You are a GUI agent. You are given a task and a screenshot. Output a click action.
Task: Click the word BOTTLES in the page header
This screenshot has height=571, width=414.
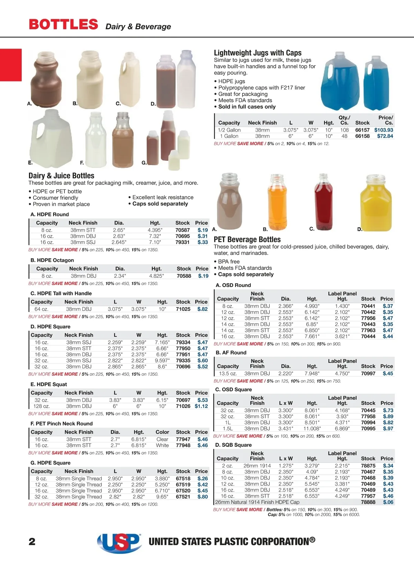click(x=63, y=24)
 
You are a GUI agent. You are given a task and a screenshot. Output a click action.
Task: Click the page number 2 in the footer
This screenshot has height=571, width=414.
click(x=32, y=542)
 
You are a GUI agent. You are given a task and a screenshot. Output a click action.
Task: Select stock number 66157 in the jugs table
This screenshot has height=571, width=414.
click(x=362, y=130)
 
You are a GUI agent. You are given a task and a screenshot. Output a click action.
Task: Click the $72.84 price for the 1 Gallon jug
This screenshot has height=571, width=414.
click(x=385, y=136)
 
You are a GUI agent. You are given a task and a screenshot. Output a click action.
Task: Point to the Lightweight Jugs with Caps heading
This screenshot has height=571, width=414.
click(x=258, y=53)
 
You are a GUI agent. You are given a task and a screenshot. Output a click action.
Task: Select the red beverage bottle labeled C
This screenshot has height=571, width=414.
click(x=323, y=202)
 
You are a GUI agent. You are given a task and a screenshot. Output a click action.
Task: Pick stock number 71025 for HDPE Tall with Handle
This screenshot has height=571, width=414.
click(x=183, y=309)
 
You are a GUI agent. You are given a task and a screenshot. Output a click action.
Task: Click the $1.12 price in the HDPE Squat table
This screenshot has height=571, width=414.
click(x=201, y=406)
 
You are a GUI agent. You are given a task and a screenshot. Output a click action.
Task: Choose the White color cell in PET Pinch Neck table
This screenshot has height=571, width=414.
click(x=162, y=445)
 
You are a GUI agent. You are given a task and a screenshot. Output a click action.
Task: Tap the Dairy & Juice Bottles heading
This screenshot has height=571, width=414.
click(x=61, y=176)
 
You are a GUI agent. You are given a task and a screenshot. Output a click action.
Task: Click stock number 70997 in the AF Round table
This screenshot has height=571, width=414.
click(x=368, y=374)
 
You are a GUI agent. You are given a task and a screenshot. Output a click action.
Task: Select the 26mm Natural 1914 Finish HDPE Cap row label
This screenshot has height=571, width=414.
click(x=257, y=502)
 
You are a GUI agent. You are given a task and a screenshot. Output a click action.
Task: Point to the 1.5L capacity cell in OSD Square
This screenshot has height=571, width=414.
click(x=228, y=429)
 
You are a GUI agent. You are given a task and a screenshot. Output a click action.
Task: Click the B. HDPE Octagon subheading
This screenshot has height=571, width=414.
click(x=52, y=260)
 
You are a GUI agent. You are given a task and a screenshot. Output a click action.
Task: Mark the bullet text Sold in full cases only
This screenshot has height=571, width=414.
click(x=247, y=107)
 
